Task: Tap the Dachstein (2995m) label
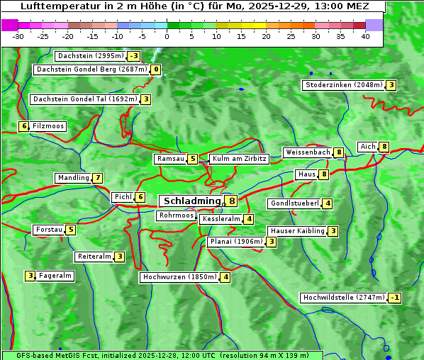pyautogui.click(x=90, y=56)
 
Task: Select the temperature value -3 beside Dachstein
pyautogui.click(x=134, y=56)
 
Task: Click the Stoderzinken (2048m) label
pyautogui.click(x=343, y=85)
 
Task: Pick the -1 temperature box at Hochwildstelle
pyautogui.click(x=395, y=298)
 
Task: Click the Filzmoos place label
pyautogui.click(x=48, y=126)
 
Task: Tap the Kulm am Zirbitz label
pyautogui.click(x=239, y=159)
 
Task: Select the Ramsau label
pyautogui.click(x=170, y=159)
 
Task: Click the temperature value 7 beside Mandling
pyautogui.click(x=98, y=178)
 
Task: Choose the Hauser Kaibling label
pyautogui.click(x=296, y=231)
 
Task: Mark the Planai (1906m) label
pyautogui.click(x=235, y=242)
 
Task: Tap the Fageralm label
pyautogui.click(x=55, y=276)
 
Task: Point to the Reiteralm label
pyautogui.click(x=94, y=257)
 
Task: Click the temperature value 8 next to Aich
pyautogui.click(x=384, y=147)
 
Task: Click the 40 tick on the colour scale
pyautogui.click(x=365, y=36)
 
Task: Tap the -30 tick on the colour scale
pyautogui.click(x=18, y=36)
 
